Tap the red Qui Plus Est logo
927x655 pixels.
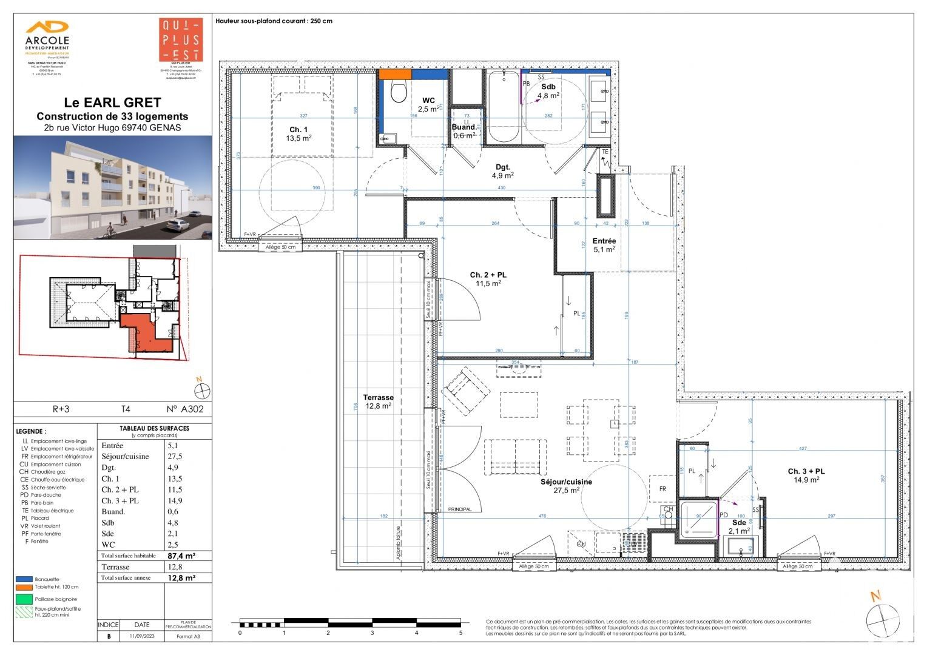click(x=180, y=40)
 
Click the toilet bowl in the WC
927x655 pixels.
click(x=399, y=92)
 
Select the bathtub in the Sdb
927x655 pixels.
click(x=503, y=106)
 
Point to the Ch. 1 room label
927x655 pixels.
click(x=298, y=133)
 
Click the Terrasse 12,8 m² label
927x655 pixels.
click(x=378, y=401)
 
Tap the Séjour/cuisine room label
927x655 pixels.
click(x=565, y=486)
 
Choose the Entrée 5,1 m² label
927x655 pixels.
click(x=604, y=245)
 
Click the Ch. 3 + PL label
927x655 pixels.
click(x=806, y=475)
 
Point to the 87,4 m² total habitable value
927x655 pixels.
click(x=181, y=556)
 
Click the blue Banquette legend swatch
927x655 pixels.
click(x=24, y=579)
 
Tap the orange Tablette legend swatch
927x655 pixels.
click(x=24, y=587)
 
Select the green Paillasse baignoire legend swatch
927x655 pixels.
click(x=24, y=599)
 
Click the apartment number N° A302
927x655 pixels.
click(x=185, y=409)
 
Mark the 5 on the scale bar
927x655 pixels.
click(x=460, y=633)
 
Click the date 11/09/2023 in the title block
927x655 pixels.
click(x=141, y=636)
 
